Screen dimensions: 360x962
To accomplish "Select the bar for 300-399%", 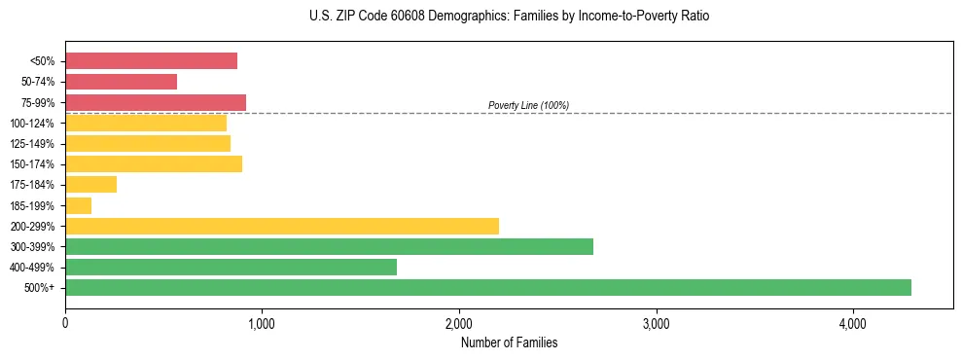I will point(329,246).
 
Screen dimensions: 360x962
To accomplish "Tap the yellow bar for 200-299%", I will point(282,226).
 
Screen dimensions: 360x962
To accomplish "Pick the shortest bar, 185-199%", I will point(79,205).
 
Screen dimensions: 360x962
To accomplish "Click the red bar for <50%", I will point(151,61).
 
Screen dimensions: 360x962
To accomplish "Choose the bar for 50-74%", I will point(121,82).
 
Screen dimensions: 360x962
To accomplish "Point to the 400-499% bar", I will point(231,267).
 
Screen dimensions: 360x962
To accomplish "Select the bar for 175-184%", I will point(90,185).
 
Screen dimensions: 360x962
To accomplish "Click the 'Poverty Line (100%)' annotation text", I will point(528,105).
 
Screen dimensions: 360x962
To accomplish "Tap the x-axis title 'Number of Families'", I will point(509,342).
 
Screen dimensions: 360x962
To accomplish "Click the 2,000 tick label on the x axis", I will point(459,323).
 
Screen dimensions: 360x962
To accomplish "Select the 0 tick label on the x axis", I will point(65,323).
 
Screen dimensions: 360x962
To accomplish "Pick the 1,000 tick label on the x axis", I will point(262,323).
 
